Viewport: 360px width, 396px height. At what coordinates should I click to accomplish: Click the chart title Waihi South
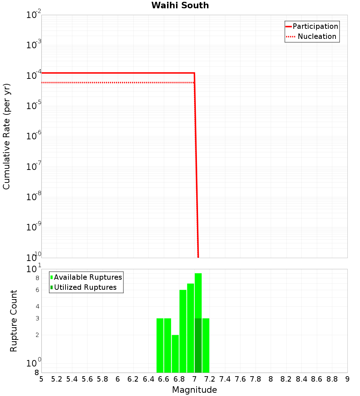point(180,5)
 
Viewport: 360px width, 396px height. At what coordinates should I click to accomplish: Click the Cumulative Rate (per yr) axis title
point(7,136)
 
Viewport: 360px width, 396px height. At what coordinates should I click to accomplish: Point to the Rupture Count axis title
point(14,321)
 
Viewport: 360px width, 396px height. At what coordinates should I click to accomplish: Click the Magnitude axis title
point(194,390)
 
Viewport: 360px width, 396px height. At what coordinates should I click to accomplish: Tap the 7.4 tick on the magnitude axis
point(225,379)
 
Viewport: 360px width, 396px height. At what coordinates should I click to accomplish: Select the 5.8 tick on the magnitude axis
point(103,379)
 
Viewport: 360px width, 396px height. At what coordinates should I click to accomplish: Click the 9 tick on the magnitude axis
point(347,379)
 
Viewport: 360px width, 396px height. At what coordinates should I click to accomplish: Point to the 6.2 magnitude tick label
point(133,379)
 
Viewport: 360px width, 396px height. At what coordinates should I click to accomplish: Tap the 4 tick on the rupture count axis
point(37,307)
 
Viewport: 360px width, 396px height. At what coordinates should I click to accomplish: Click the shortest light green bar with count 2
point(175,354)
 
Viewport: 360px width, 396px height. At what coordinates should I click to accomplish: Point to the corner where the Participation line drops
point(194,73)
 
